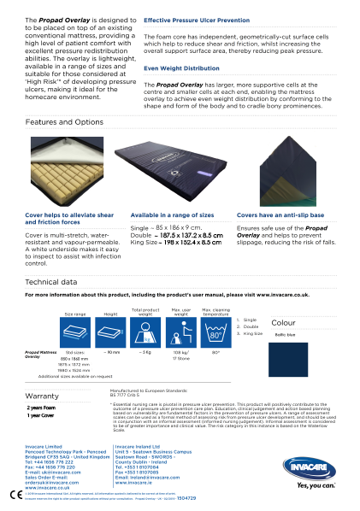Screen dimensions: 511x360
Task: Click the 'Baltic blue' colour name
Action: (x=286, y=334)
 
